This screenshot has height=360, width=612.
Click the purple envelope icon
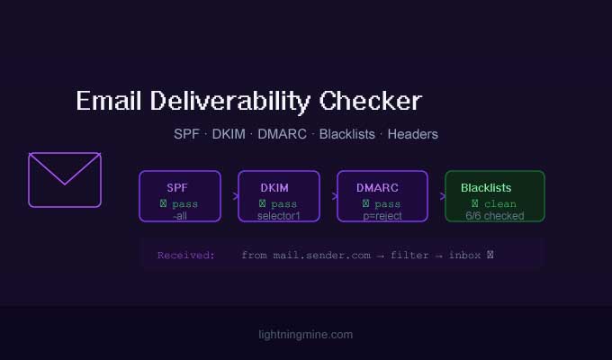pos(65,180)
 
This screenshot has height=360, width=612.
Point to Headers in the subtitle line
pos(414,134)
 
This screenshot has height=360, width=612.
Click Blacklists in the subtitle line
pos(346,134)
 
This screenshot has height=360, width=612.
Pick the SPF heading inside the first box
pos(178,187)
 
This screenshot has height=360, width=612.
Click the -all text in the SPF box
pos(179,216)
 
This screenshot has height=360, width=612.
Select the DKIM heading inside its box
pos(274,187)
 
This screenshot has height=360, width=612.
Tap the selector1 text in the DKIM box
pos(278,216)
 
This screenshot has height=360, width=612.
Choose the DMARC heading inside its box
pos(377,187)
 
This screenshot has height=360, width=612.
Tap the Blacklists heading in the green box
pos(486,187)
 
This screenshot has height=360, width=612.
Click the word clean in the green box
pos(500,204)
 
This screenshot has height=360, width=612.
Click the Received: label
pos(186,256)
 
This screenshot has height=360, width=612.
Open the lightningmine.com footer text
pos(305,335)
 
